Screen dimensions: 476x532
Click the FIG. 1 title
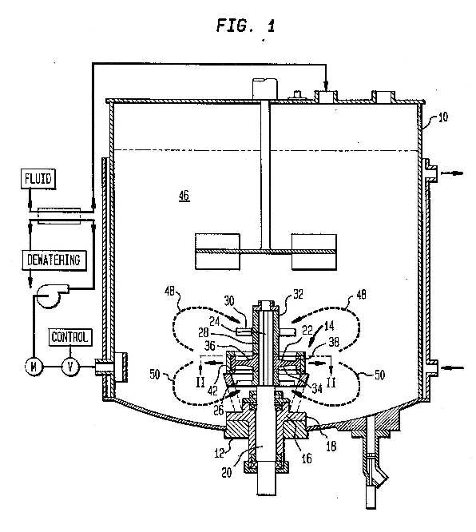(245, 25)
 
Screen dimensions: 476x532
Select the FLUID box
(38, 178)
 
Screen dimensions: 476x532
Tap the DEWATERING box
(54, 260)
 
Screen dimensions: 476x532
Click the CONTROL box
(70, 337)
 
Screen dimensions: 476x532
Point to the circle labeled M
(34, 367)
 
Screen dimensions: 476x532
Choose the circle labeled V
(70, 367)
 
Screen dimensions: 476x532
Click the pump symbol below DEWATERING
(51, 295)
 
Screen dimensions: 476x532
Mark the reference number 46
(184, 196)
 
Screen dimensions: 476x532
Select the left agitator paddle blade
(218, 252)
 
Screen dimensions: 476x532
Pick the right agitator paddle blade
(314, 252)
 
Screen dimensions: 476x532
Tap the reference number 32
(298, 294)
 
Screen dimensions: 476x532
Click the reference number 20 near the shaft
(226, 473)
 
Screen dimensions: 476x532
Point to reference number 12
(219, 453)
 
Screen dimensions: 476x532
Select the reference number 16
(307, 459)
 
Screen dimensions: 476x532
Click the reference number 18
(331, 447)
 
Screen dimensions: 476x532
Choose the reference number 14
(329, 326)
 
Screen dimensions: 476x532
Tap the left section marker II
(200, 383)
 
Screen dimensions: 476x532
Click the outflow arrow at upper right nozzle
(452, 173)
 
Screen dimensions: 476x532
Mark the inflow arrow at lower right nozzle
(453, 367)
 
